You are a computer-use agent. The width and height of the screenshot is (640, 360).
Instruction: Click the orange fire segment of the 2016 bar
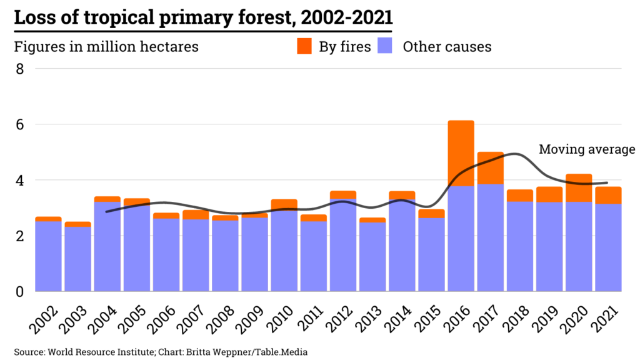click(461, 152)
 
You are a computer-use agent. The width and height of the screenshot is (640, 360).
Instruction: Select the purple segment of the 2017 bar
click(491, 237)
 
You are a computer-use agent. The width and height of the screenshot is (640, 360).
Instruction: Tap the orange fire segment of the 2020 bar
click(579, 187)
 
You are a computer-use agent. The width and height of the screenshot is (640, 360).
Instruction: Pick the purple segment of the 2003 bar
click(77, 259)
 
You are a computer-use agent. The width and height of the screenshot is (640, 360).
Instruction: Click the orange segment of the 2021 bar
click(608, 195)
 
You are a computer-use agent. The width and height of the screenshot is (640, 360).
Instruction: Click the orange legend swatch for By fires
click(304, 46)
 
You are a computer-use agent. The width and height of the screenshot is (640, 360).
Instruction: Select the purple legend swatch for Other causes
click(386, 46)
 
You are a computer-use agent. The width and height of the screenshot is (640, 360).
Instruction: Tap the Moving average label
click(587, 149)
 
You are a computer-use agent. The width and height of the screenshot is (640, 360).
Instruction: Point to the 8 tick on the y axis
click(20, 69)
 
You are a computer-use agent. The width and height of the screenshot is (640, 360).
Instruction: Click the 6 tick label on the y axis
click(20, 124)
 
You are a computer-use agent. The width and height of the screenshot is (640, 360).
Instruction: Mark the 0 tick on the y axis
click(20, 291)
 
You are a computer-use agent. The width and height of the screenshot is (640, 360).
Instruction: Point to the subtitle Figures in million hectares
click(106, 47)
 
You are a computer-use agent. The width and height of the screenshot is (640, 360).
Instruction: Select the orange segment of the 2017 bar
click(491, 167)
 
